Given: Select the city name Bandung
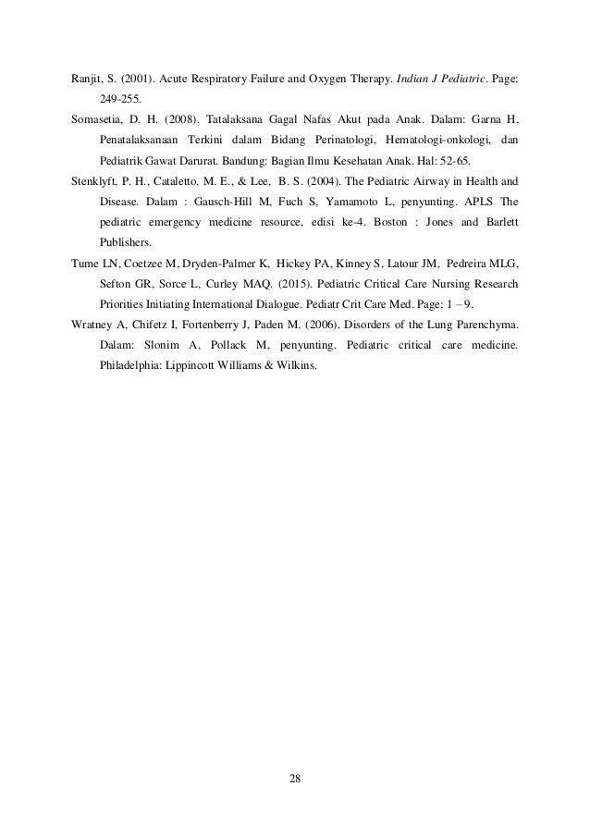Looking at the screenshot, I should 248,159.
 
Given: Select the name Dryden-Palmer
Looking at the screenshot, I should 197,263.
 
